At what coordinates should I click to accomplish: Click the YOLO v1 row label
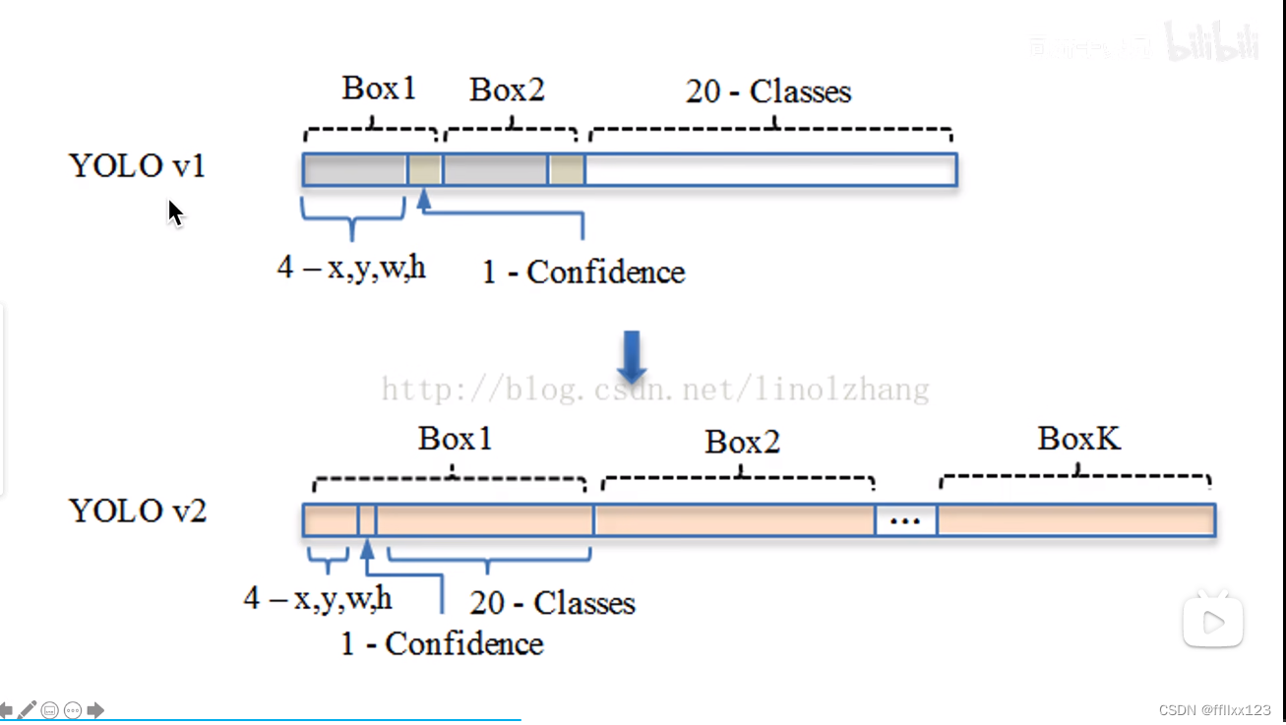137,166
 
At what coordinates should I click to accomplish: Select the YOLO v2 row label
137,512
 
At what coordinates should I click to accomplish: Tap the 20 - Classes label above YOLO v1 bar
767,92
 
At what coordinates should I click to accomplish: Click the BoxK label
1078,439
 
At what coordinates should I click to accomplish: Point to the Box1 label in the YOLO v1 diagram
379,89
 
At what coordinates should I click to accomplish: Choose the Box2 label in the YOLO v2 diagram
742,443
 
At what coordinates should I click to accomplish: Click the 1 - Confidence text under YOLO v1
582,272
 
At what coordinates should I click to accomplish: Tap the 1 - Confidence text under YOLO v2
441,644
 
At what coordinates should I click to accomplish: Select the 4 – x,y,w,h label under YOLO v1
351,267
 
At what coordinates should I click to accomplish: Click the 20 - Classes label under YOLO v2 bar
552,603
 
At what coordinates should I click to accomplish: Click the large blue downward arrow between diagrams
631,356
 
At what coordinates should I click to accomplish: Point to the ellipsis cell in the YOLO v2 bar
905,520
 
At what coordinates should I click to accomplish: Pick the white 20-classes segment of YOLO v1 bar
770,169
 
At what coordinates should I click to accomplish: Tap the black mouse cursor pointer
175,212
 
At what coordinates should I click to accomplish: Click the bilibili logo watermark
1211,42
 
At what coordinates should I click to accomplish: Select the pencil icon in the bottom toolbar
27,709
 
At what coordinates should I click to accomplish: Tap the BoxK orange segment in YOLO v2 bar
1075,520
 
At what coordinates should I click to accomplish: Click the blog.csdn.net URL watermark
654,391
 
